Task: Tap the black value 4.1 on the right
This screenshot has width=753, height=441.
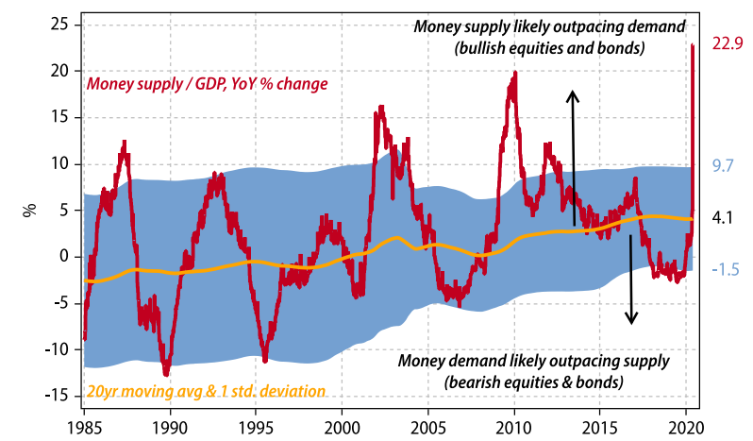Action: click(x=722, y=217)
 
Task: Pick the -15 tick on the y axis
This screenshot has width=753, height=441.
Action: click(x=58, y=396)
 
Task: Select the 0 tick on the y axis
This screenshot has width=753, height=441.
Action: click(x=64, y=256)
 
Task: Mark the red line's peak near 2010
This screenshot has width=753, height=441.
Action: click(x=514, y=73)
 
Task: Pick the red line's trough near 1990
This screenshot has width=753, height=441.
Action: click(x=167, y=374)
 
